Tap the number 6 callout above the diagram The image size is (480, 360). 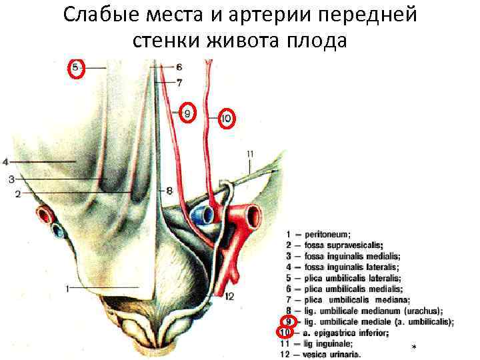(x=179, y=67)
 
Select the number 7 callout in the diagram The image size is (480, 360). (x=179, y=83)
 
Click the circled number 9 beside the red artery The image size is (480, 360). (x=187, y=114)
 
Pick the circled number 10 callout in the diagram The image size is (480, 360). (x=227, y=119)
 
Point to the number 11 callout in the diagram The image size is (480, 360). (x=250, y=155)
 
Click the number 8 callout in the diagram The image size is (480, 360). (x=169, y=191)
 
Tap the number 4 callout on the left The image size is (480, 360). (x=5, y=161)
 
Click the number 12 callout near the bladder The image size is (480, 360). (x=229, y=296)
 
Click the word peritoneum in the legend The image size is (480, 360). (x=327, y=235)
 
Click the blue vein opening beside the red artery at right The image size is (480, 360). (x=203, y=214)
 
